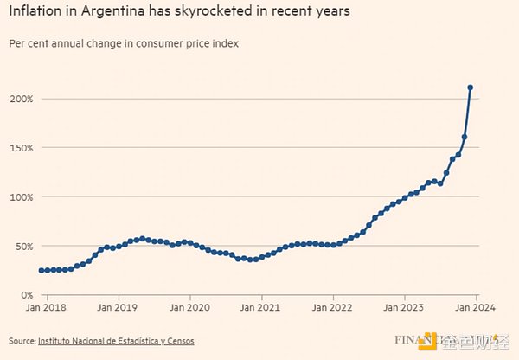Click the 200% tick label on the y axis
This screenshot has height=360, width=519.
(x=21, y=99)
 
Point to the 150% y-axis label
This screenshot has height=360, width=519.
(x=21, y=148)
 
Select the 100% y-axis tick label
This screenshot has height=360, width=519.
(x=21, y=196)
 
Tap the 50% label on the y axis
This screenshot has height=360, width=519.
(x=23, y=246)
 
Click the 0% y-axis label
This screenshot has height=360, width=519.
(x=26, y=295)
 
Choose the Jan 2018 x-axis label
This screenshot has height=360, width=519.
(x=44, y=307)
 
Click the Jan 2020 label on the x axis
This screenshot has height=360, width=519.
(x=188, y=307)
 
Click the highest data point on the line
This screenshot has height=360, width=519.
(x=471, y=87)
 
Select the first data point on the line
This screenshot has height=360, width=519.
(x=42, y=271)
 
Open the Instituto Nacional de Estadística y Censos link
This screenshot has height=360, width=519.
(x=116, y=340)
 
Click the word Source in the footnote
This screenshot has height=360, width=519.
(x=22, y=340)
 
